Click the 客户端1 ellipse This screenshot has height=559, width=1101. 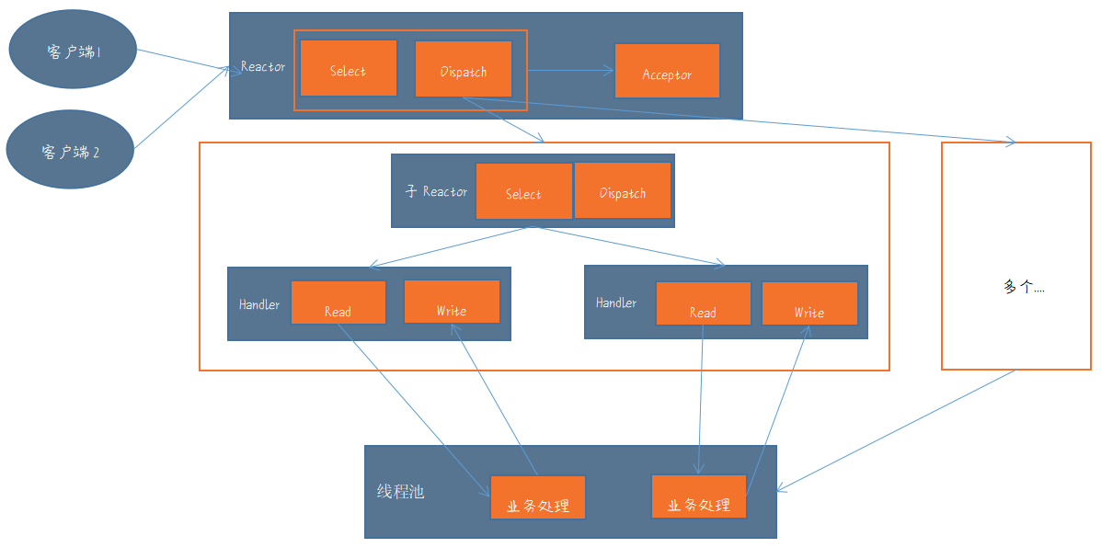coord(74,51)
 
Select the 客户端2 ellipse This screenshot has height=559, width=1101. coord(70,151)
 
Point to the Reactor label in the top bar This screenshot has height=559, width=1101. coord(263,67)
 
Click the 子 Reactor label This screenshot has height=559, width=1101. coord(436,191)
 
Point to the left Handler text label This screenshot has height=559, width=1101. coord(259,304)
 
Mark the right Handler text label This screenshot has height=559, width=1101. coord(616,302)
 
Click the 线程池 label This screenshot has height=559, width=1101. coord(401,491)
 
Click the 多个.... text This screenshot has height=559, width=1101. coord(1024,287)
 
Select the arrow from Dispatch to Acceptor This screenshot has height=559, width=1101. coord(570,70)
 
